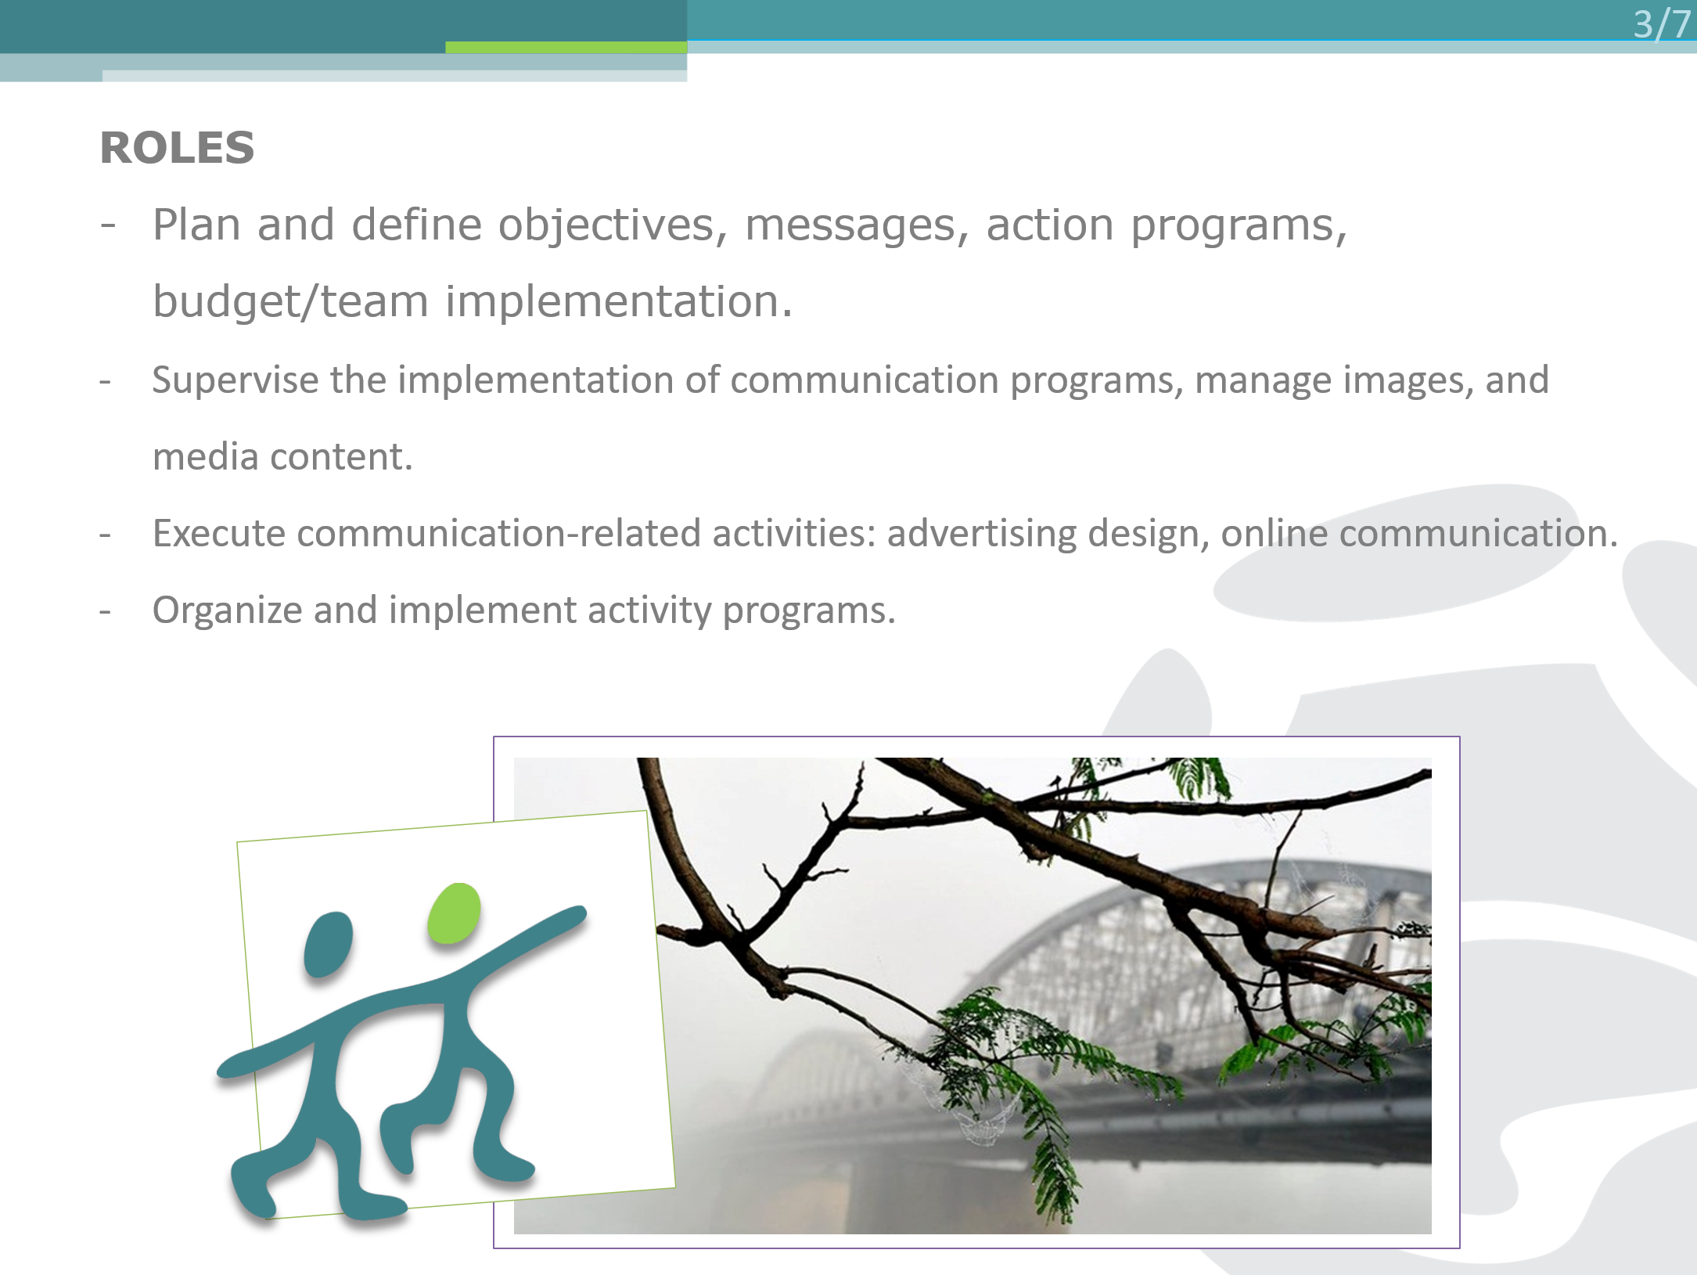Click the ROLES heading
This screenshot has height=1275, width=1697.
tap(178, 148)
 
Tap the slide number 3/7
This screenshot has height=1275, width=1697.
tap(1663, 23)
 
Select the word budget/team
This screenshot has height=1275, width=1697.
tap(290, 302)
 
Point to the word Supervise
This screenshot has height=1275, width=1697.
tap(235, 381)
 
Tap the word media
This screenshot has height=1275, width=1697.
tap(206, 456)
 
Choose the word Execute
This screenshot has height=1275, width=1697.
tap(219, 533)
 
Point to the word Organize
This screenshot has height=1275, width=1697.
tap(228, 611)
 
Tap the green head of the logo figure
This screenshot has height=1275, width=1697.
tap(454, 913)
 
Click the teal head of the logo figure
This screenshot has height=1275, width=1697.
tap(328, 945)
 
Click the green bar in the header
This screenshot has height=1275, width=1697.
tap(566, 47)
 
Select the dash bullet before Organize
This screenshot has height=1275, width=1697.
tap(106, 611)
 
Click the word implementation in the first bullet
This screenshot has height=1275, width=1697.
tap(619, 302)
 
